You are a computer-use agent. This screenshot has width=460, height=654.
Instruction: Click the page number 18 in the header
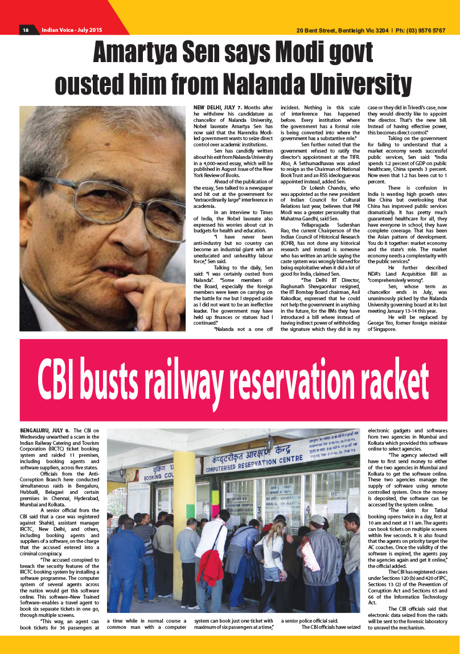(26, 30)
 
